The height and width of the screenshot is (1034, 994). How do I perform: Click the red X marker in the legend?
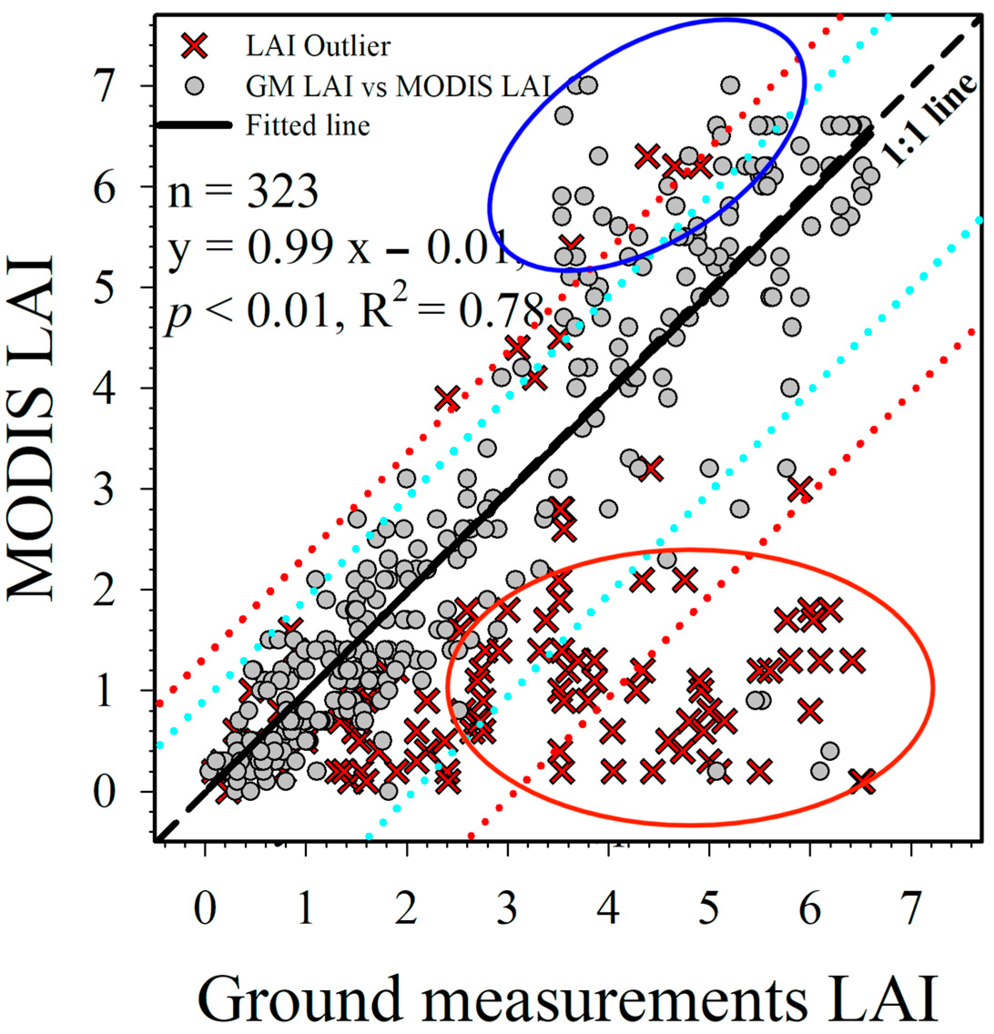coord(196,46)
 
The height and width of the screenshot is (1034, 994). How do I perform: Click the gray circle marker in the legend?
coord(196,86)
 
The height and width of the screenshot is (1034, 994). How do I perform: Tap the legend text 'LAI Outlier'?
coord(318,46)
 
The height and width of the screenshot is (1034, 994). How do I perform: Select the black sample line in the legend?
coord(195,126)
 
